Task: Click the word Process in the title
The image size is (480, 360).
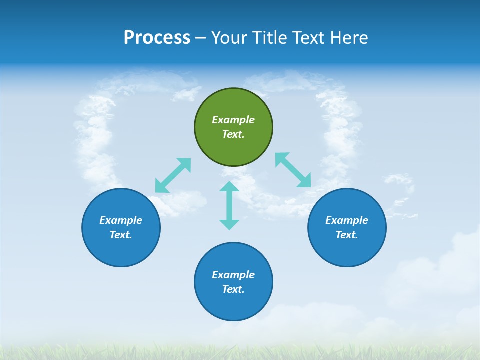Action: tap(157, 38)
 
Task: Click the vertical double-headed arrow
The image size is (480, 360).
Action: tap(229, 205)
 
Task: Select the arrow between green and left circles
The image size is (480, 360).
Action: tap(173, 175)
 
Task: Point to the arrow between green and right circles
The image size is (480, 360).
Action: tap(293, 170)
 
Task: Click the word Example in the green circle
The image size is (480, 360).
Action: tap(233, 120)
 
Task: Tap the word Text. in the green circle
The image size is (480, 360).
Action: tap(233, 134)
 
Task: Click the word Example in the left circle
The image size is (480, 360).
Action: tap(121, 220)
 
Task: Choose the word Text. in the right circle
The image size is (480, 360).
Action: tap(347, 235)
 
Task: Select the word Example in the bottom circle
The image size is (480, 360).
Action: tap(233, 275)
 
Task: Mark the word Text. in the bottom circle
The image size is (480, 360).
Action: tap(233, 289)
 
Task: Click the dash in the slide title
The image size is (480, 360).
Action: tap(201, 38)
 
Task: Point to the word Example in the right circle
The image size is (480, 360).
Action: tap(347, 220)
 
